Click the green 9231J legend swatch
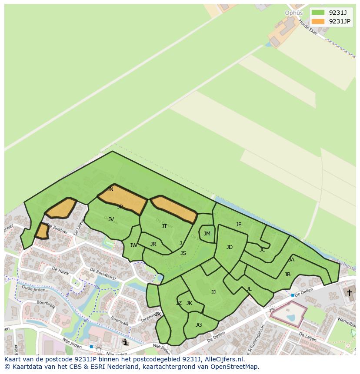coord(318,12)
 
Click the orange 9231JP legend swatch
coord(318,21)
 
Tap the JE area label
coord(239,225)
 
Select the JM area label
coord(207,234)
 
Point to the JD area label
coord(230,247)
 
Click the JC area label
coord(262,250)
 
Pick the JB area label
coord(287,275)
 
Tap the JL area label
coord(249,289)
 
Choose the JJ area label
coord(213,292)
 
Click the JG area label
coord(199,325)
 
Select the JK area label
coord(189,303)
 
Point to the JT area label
coord(164,226)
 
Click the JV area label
coord(111,219)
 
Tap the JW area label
coord(133,245)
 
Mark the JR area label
coord(153,244)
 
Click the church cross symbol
coord(349,293)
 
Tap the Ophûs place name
coord(293,13)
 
